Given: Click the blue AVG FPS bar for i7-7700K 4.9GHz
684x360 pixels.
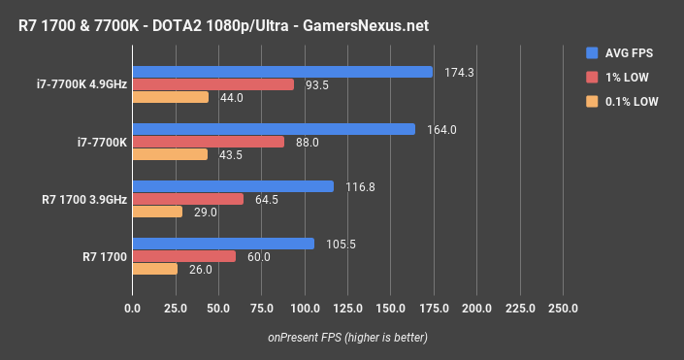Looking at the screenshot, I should (282, 72).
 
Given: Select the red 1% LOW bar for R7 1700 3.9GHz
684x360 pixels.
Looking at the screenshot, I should (188, 199).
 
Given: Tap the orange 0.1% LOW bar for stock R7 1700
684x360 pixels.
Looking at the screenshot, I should (155, 269).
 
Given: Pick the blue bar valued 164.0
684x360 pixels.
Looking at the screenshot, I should (274, 129).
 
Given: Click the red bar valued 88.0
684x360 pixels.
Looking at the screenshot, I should (209, 142).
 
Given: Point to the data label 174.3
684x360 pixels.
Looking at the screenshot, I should (453, 72).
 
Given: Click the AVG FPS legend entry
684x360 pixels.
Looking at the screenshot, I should (628, 53).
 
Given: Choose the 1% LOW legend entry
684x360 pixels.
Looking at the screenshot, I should (625, 77).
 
